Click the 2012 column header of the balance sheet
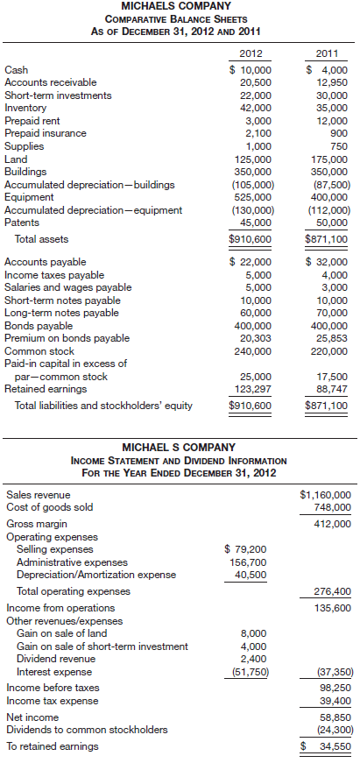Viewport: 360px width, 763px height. (251, 53)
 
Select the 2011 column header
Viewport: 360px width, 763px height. (327, 53)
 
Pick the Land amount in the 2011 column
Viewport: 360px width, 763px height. (328, 159)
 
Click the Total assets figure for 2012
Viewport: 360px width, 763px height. (251, 237)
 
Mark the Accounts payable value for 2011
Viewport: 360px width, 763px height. (326, 261)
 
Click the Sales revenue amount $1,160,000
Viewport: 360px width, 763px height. (325, 494)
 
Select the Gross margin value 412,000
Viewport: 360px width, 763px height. (330, 524)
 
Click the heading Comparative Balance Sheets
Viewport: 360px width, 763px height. (180, 18)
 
